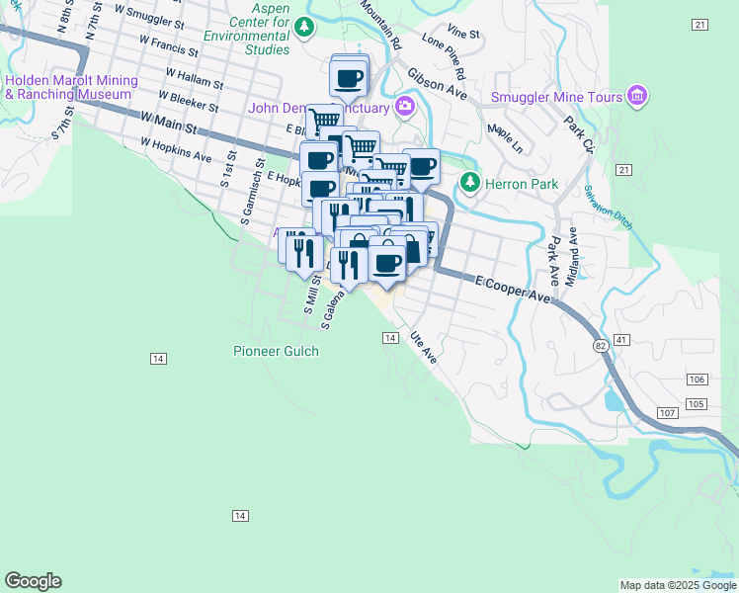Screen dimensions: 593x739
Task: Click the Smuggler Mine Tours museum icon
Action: tap(637, 97)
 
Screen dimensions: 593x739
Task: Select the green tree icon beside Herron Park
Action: tap(469, 184)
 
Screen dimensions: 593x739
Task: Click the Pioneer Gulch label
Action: tap(276, 351)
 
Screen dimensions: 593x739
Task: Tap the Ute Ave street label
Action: tap(424, 348)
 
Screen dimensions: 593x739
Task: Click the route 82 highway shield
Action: tap(601, 346)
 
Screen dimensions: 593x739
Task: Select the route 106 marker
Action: tap(697, 381)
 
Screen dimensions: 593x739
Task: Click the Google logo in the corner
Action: tap(33, 581)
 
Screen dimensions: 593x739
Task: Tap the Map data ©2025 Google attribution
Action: tap(678, 585)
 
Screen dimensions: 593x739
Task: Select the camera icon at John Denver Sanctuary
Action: tap(404, 107)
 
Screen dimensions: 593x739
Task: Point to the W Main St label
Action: tap(169, 124)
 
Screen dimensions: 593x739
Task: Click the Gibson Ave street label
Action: tap(436, 83)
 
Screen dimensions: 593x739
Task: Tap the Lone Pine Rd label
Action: tap(444, 54)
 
